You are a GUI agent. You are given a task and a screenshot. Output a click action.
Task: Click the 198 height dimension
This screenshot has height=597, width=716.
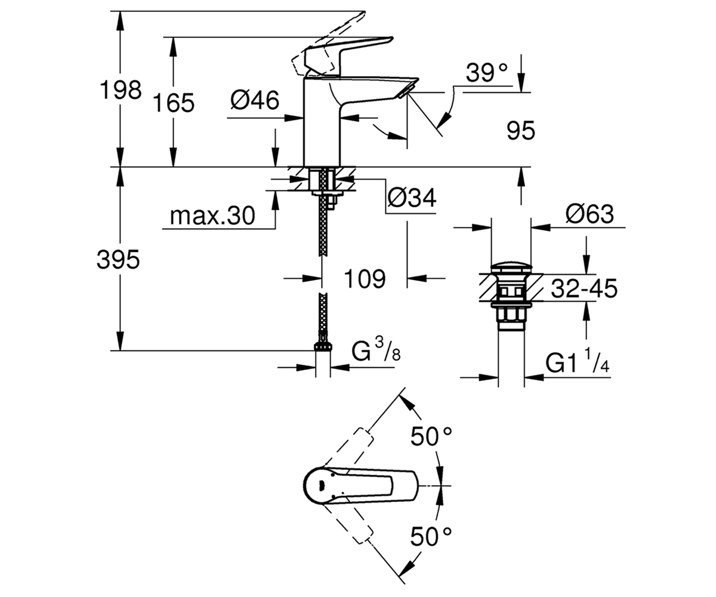click(121, 90)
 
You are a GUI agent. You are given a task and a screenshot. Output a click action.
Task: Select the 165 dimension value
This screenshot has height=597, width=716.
click(174, 103)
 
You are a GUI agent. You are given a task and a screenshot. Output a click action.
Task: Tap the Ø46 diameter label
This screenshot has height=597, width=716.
click(255, 100)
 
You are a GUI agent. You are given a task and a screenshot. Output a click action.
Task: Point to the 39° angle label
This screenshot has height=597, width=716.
click(486, 73)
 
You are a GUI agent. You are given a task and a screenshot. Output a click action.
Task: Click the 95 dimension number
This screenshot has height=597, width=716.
click(521, 131)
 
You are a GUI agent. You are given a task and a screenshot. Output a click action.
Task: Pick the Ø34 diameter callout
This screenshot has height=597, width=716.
click(412, 198)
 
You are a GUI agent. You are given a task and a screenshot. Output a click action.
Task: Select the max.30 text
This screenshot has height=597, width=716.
click(212, 216)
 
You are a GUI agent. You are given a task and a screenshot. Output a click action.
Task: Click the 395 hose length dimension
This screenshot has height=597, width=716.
click(118, 259)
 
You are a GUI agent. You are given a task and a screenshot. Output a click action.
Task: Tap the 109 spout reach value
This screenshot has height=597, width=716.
click(365, 279)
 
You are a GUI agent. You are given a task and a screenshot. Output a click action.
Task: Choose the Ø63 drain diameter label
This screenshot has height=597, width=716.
click(590, 214)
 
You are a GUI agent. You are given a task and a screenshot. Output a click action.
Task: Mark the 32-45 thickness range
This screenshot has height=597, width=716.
click(584, 288)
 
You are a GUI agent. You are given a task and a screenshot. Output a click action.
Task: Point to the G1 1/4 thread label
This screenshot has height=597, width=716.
click(578, 361)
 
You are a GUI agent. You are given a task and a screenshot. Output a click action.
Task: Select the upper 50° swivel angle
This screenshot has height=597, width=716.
click(431, 436)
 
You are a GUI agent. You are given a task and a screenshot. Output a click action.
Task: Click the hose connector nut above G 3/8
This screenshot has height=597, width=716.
click(323, 346)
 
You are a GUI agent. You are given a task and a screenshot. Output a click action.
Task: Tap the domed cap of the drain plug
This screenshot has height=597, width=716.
click(511, 268)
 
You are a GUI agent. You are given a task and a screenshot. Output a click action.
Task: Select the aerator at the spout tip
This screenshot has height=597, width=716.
click(406, 92)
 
